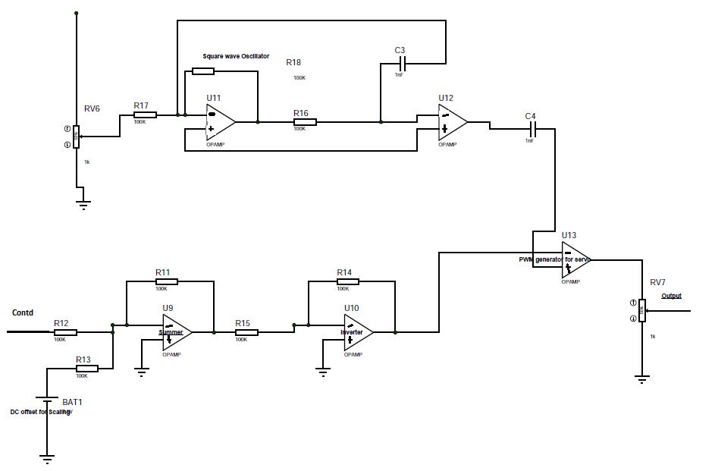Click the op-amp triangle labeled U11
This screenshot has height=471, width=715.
point(219,122)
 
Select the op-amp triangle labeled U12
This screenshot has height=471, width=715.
point(452,121)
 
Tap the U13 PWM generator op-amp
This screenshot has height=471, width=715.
point(575,260)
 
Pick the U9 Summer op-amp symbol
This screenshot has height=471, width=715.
point(177,332)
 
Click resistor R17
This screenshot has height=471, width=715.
point(144,115)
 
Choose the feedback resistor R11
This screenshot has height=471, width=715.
point(165,281)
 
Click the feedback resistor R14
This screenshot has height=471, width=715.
point(347,281)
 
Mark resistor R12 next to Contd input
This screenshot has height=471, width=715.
point(65,332)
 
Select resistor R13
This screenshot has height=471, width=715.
point(87,369)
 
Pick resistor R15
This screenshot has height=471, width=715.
point(246,332)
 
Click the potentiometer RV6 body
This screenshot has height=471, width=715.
point(76,137)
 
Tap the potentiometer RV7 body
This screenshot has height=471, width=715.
point(641,310)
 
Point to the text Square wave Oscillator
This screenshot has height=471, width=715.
point(236,56)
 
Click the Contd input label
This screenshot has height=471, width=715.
point(23,312)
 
